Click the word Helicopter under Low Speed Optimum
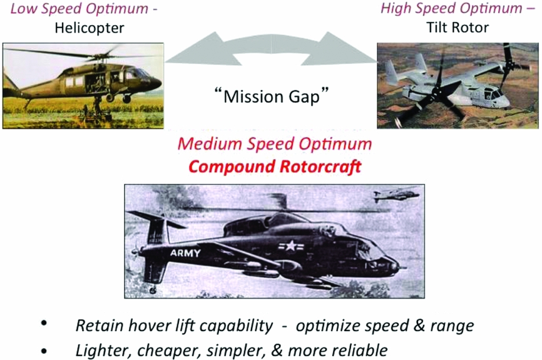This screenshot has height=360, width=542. pos(89,28)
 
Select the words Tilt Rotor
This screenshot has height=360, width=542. pos(458,28)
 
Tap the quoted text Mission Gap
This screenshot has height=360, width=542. pos(271,96)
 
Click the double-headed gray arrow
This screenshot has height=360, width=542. pos(271,49)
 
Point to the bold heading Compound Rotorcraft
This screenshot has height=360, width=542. pos(275,167)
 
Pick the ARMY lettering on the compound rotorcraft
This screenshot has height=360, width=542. pos(185,253)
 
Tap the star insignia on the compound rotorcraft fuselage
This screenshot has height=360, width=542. pos(290,246)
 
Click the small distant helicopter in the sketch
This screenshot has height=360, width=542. pos(396,194)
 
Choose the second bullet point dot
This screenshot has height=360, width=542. pos(44,351)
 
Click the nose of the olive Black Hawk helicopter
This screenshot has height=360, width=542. pos(156,83)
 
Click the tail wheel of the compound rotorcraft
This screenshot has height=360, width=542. pos(153,291)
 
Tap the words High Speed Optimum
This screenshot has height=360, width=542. pos(451,8)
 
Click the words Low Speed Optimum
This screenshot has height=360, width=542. pos(79,9)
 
